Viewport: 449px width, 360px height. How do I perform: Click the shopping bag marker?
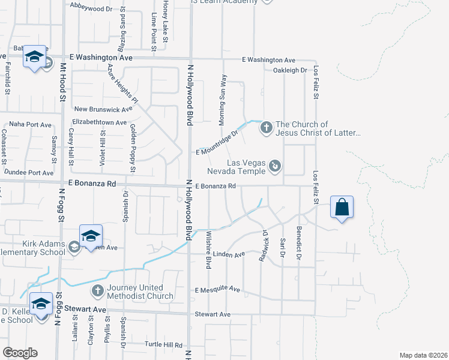(342, 208)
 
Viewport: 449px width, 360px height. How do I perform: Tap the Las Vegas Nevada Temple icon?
(274, 165)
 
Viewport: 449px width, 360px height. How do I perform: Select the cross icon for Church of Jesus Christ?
(267, 128)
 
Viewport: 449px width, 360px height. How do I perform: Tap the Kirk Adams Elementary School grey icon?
(74, 247)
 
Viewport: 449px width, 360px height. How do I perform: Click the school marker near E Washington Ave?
(34, 58)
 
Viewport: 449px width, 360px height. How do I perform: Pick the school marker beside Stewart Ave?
(41, 305)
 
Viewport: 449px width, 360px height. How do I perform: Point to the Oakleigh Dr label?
(290, 70)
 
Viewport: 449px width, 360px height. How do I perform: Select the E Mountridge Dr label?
(217, 143)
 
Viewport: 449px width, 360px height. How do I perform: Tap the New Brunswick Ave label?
(103, 110)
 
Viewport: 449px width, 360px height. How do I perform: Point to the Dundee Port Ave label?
(29, 172)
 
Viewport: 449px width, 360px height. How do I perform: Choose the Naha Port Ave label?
(31, 124)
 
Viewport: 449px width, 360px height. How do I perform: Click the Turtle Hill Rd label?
(163, 345)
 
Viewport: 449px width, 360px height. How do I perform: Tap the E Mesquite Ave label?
(218, 290)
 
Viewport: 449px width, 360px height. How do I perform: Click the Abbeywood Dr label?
(91, 10)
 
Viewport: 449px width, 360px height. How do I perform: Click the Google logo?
(19, 353)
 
